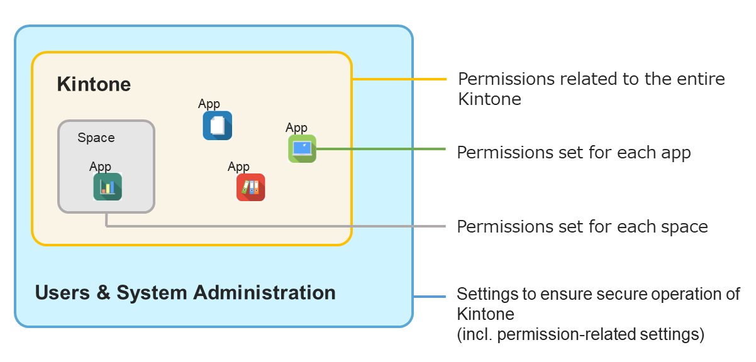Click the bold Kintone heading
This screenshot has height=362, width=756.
tap(94, 84)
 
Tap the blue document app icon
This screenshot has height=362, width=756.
tap(217, 125)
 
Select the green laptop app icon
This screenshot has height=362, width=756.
tap(302, 149)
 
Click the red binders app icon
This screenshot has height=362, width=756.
tap(250, 187)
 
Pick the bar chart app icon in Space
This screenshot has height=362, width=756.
tap(108, 187)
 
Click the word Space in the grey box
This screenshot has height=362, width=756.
tap(96, 138)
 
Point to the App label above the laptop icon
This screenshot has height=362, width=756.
tap(296, 128)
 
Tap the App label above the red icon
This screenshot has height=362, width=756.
tap(238, 167)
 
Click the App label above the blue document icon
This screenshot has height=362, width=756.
tap(209, 104)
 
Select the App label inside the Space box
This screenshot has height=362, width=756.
tap(100, 167)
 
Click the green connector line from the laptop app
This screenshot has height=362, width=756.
tap(381, 149)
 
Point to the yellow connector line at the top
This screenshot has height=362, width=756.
tap(399, 79)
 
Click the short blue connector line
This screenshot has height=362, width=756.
tap(430, 296)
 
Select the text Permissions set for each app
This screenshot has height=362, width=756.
tap(574, 153)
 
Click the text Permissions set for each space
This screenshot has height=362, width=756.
tap(582, 226)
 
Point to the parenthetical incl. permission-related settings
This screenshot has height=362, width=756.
tap(580, 334)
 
